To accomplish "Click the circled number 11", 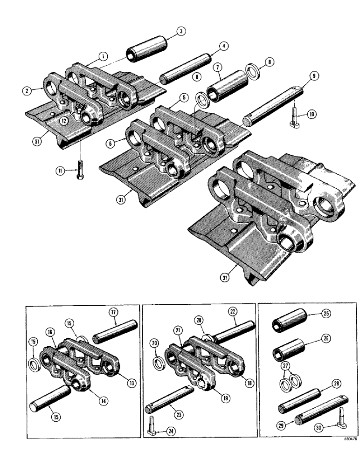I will (60, 171).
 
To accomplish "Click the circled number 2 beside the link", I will (28, 91).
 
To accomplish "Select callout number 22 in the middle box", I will (232, 311).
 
